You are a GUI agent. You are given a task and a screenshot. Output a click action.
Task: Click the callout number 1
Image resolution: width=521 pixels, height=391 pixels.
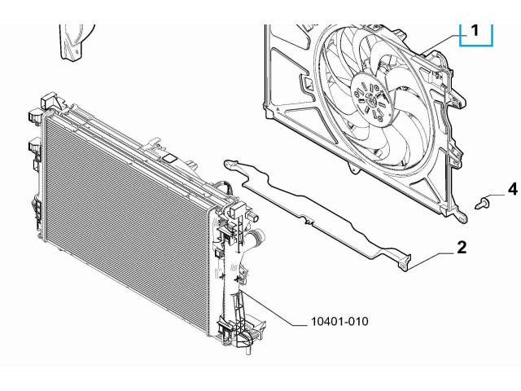(x=475, y=30)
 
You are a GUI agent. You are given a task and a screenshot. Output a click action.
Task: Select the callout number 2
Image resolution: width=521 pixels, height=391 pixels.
(x=462, y=248)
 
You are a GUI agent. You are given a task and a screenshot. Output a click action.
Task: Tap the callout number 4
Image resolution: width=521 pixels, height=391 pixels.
(x=513, y=189)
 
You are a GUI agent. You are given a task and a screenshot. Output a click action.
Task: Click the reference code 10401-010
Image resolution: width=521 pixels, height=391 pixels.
(x=339, y=322)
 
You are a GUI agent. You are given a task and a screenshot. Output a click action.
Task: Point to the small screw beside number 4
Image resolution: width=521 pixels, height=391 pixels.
(x=481, y=203)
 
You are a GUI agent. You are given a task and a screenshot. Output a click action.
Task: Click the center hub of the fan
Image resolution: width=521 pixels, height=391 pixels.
(x=370, y=99)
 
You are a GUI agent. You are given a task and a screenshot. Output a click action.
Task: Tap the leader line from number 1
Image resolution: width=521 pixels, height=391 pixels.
(x=441, y=43)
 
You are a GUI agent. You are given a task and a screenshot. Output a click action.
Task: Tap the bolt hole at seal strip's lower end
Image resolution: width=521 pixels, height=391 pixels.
(x=403, y=266)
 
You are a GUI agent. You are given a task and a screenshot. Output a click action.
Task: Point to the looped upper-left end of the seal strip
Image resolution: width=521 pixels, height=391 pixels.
(x=230, y=164)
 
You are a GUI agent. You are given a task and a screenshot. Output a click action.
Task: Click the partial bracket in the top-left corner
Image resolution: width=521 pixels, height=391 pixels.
(x=74, y=42)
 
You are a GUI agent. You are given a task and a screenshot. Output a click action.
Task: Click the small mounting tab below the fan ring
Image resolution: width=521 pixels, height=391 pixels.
(x=354, y=169)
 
